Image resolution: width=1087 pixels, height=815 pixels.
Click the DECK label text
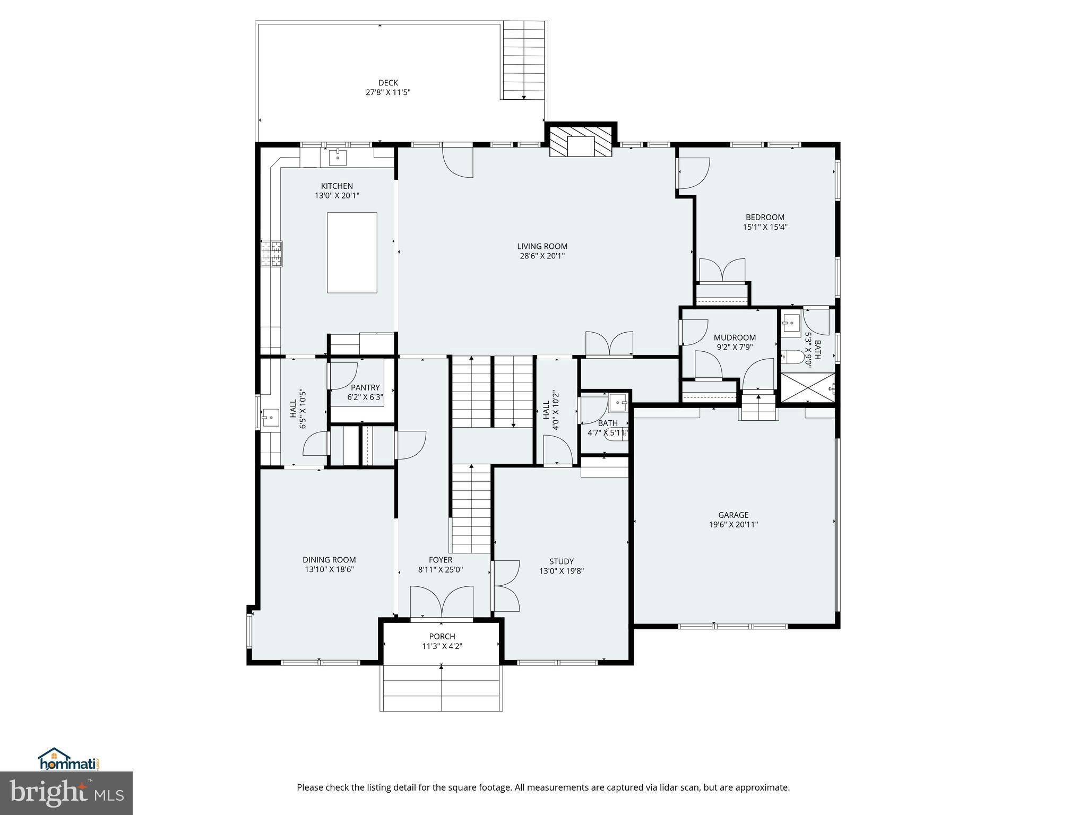point(388,83)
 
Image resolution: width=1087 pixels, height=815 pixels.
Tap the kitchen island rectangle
point(352,253)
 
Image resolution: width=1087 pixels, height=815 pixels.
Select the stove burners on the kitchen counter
point(272,253)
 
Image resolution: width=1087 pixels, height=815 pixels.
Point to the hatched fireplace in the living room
point(580,141)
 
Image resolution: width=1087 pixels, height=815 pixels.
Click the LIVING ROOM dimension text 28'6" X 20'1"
point(542,256)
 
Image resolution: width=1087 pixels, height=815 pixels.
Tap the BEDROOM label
point(765,217)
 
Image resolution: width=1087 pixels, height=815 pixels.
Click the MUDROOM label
point(735,337)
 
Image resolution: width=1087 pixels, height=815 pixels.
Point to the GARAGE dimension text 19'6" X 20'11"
point(733,524)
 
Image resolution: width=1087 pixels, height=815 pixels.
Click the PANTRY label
point(365,387)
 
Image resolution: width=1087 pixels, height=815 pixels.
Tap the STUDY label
point(561,561)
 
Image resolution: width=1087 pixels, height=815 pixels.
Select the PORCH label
point(442,636)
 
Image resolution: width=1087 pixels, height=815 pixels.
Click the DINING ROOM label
point(329,560)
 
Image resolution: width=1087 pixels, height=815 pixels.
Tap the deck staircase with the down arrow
point(524,60)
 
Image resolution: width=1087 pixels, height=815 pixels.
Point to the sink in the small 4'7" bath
point(618,402)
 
